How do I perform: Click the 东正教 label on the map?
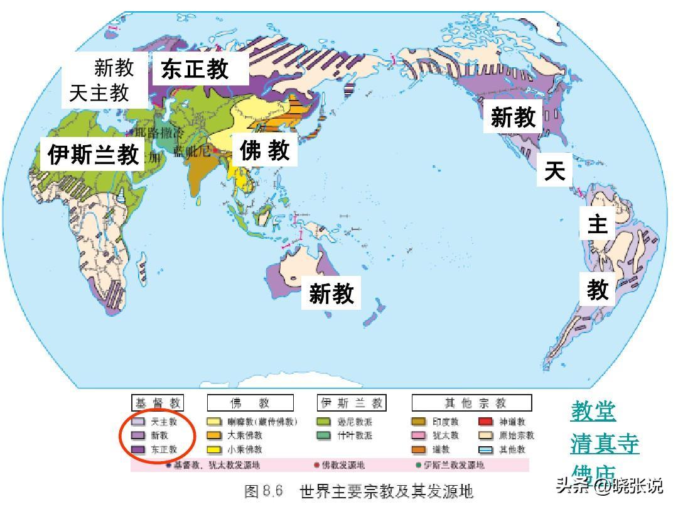tap(195, 68)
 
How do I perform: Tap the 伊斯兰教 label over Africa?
tap(94, 154)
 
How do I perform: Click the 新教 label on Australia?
tap(331, 293)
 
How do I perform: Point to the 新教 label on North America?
tap(513, 117)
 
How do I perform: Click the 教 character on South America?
tap(598, 290)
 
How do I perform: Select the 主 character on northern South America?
tap(597, 224)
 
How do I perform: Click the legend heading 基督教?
tap(157, 403)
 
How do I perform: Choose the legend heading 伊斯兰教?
tap(352, 403)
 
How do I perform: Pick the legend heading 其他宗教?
tap(471, 403)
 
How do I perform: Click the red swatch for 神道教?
tap(486, 422)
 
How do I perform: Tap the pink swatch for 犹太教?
tap(419, 435)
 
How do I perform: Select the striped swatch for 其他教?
tap(486, 449)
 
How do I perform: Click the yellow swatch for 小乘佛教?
tap(215, 449)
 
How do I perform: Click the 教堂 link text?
tap(593, 412)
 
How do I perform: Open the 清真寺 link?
tap(605, 444)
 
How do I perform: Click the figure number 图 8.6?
tap(264, 491)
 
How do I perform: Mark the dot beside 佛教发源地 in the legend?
tap(316, 466)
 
